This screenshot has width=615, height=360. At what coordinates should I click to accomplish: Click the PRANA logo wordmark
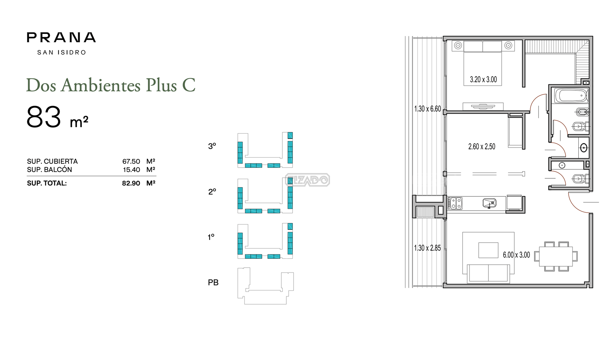point(61,37)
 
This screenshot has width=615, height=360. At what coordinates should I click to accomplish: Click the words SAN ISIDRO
point(62,52)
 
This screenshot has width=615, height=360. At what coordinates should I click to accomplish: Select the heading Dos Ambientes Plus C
point(111,85)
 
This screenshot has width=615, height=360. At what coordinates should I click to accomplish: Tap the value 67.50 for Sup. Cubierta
point(131,161)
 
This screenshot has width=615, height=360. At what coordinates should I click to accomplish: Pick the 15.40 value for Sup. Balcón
point(131,170)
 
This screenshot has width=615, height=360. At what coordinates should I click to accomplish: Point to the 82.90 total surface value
point(131,183)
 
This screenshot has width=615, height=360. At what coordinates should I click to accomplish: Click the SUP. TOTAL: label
point(47,183)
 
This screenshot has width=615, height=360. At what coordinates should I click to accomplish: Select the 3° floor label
point(212,146)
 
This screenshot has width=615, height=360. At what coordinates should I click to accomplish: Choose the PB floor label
point(213,282)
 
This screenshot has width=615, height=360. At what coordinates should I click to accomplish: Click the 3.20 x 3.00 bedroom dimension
point(483,79)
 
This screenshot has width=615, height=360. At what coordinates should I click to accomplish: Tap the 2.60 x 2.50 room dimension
point(482,146)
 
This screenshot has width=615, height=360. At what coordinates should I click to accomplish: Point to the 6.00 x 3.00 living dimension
point(516,255)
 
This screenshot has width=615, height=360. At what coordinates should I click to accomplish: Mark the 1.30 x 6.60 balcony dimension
point(427,109)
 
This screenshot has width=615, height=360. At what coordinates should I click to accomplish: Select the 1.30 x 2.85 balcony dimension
point(427,248)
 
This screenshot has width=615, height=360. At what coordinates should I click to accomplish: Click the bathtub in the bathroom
point(571,96)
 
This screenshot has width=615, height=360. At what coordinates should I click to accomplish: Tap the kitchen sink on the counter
point(489,203)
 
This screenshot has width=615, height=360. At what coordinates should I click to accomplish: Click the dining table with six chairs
point(556,256)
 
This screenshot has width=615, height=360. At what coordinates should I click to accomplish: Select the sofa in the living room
point(488,273)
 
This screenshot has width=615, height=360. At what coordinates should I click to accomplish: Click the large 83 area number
point(44,117)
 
